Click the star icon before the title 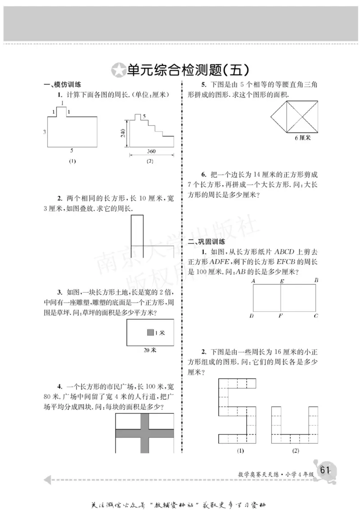[118, 71]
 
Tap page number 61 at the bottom [325, 470]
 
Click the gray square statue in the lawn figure [150, 333]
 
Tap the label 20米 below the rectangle [149, 350]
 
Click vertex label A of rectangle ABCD [254, 281]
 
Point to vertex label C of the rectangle [316, 316]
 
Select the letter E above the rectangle [282, 281]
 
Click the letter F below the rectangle [280, 316]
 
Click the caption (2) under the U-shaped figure [296, 451]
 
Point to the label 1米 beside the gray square [160, 333]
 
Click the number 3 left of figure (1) [45, 132]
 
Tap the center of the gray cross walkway [145, 434]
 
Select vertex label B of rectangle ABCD [316, 281]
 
